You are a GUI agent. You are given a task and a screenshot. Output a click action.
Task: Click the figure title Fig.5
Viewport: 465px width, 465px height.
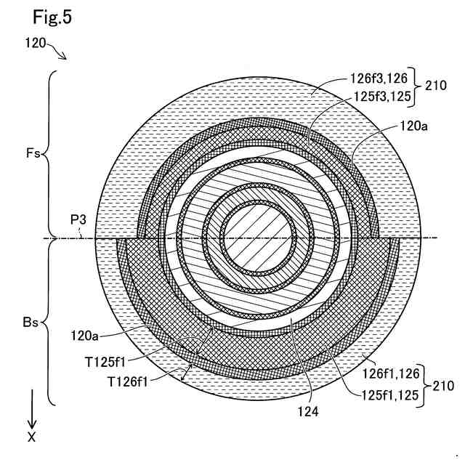53,15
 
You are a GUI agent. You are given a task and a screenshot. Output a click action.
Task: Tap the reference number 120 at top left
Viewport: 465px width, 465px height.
37,44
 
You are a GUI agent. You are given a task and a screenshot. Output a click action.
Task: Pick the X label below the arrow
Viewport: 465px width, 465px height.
31,437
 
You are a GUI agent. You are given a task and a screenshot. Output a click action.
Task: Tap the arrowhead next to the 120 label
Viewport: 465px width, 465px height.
64,56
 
